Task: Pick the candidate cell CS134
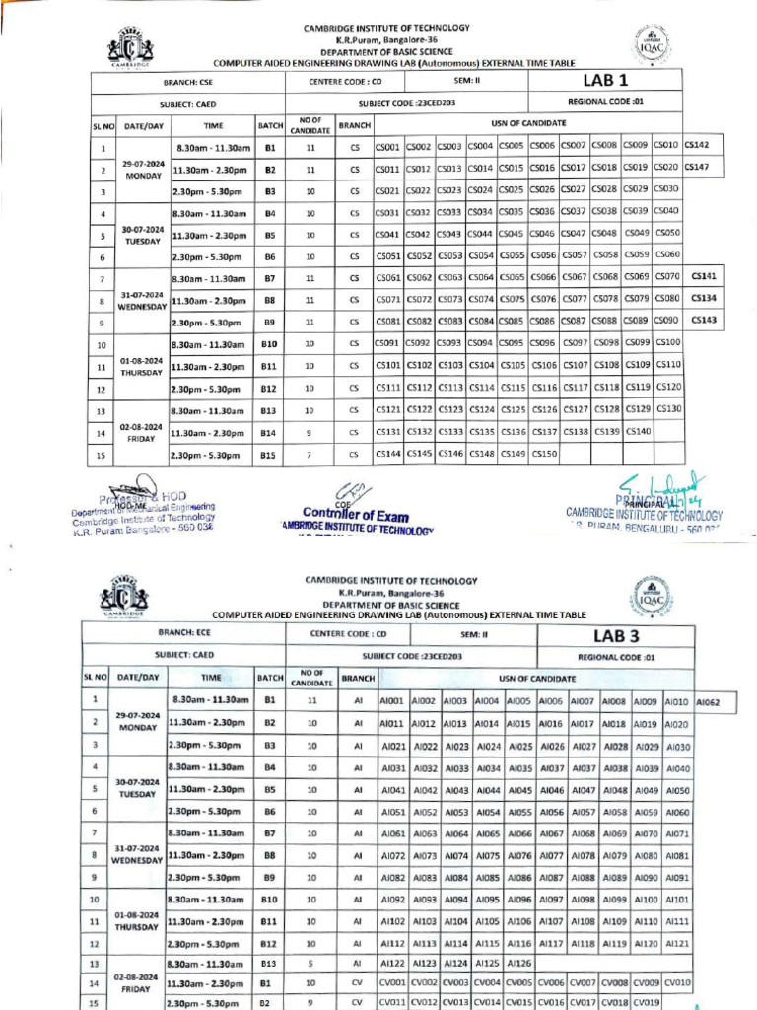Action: point(704,298)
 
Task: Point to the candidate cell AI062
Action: point(716,702)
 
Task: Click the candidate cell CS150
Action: point(544,454)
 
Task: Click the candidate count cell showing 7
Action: point(310,455)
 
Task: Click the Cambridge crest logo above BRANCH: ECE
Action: point(123,595)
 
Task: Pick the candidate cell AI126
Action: point(519,962)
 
